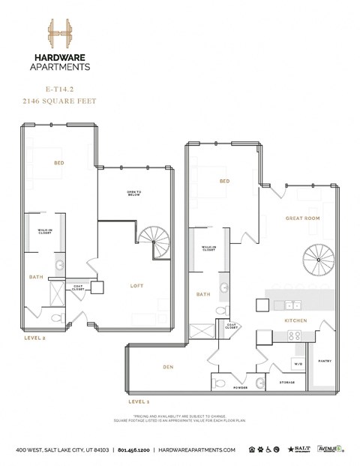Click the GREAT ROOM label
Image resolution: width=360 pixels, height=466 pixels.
(303, 218)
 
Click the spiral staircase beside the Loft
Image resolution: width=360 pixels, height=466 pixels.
(155, 244)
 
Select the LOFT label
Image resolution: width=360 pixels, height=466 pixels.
(137, 284)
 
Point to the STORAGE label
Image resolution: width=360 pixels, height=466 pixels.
(286, 383)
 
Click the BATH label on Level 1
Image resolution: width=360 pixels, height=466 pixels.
(202, 295)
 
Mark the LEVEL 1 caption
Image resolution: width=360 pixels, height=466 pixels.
(139, 401)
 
